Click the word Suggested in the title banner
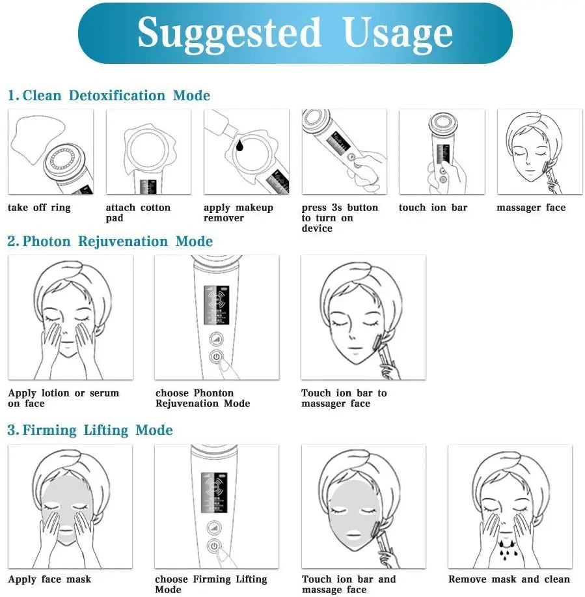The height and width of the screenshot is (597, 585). click(230, 33)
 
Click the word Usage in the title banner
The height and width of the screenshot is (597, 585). click(398, 33)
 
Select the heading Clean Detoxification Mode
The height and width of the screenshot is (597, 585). click(109, 96)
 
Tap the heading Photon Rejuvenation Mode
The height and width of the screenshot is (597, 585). click(111, 242)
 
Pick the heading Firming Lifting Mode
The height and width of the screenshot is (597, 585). click(90, 430)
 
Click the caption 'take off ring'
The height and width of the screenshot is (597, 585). click(39, 208)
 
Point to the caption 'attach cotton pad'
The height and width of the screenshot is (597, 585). click(138, 213)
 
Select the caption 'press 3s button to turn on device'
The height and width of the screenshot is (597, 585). click(339, 218)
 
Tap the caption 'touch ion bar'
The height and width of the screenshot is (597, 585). click(433, 208)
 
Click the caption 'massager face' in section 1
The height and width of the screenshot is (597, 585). click(531, 208)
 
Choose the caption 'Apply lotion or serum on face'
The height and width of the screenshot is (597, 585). click(63, 398)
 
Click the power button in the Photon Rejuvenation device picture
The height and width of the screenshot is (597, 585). click(215, 357)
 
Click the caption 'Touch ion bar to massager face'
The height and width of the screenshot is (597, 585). click(344, 398)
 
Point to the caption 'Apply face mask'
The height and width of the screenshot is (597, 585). click(49, 579)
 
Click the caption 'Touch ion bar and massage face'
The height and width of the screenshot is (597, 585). click(348, 585)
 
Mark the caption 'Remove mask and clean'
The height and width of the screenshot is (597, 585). click(509, 579)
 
